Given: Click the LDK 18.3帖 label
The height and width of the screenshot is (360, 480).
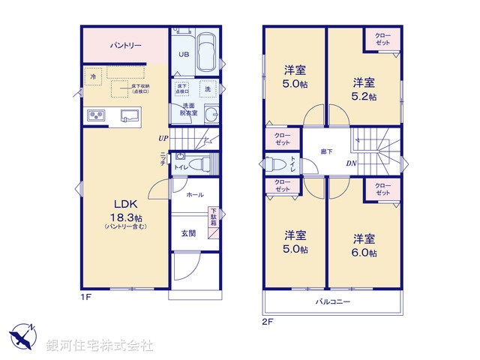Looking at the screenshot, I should pos(125,209).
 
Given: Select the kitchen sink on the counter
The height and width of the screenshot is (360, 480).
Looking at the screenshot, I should pos(130,115).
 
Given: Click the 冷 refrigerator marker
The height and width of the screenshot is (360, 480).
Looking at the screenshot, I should pos(93,76).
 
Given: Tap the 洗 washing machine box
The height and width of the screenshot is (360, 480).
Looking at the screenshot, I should pos(206,88).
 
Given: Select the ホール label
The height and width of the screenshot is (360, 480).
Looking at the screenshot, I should pos(194,194).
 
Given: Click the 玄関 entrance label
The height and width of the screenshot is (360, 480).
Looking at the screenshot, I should pos(187,233).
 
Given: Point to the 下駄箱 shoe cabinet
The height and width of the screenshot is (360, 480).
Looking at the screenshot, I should pos(213,217).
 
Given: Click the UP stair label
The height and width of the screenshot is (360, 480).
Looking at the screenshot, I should pos(163,138).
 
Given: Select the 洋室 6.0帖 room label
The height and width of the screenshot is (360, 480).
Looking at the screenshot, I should pos(364,246).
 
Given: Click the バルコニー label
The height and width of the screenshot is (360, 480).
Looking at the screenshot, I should pos(332,301).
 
